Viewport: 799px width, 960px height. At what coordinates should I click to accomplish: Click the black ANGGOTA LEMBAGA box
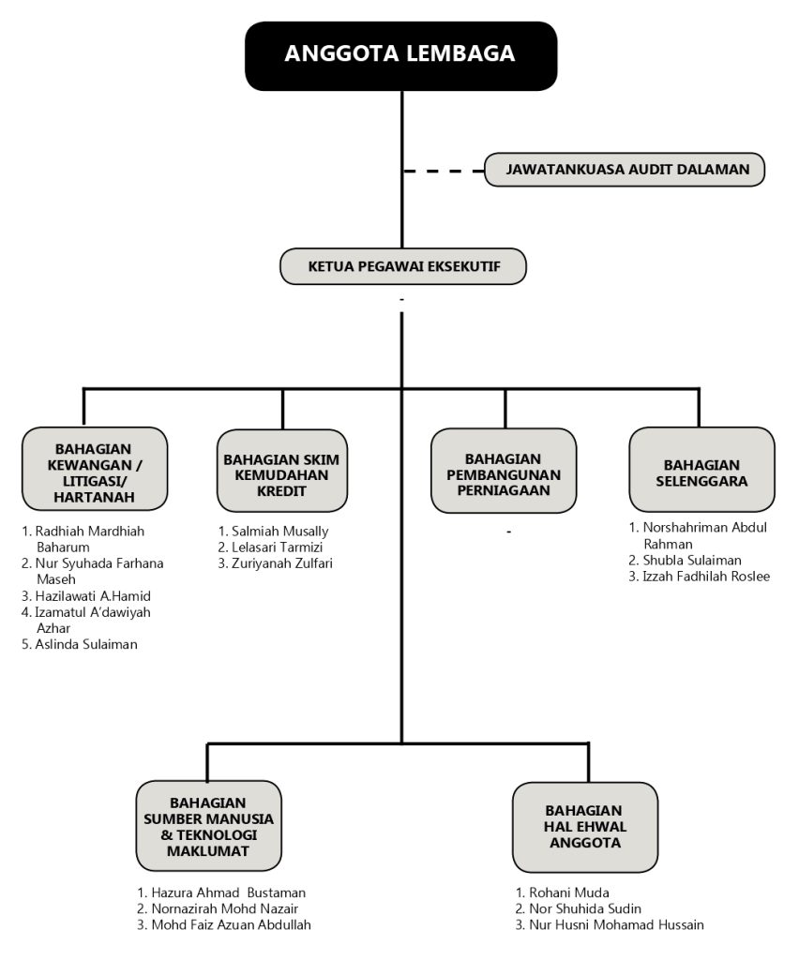tap(401, 55)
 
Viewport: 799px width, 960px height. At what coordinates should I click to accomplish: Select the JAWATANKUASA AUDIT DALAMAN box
tap(625, 170)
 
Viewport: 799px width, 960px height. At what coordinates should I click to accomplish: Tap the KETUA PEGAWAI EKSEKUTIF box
tap(403, 266)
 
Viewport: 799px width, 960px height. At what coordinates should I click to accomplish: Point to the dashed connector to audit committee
tap(444, 172)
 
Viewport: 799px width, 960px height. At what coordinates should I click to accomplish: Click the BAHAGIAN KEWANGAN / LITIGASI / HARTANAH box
tap(95, 470)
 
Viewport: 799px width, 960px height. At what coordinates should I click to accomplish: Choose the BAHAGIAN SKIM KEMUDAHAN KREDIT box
tap(281, 471)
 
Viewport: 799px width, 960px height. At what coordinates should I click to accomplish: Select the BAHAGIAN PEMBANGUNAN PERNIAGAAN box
tap(504, 471)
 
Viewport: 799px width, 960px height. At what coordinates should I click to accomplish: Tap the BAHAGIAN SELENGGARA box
tap(701, 470)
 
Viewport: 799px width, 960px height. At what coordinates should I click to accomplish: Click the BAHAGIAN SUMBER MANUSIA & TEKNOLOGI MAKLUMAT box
tap(208, 826)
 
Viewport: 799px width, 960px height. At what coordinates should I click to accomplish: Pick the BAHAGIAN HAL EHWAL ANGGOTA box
tap(584, 827)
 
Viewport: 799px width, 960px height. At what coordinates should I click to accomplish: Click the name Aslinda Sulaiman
tap(86, 644)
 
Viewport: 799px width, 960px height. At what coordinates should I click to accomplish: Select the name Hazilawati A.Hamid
tap(93, 595)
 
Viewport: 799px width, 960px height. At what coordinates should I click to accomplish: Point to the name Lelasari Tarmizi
tap(277, 547)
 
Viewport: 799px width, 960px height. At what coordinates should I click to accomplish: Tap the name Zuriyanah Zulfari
tap(281, 563)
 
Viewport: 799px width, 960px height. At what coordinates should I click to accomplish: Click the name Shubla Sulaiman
tap(692, 561)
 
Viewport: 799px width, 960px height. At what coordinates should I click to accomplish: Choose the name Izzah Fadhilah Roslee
tap(706, 577)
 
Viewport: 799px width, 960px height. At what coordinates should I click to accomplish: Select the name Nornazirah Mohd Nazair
tap(225, 908)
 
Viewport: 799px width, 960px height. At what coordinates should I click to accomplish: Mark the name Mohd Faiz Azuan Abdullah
tap(231, 924)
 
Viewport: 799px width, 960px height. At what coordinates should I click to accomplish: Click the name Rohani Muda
tap(569, 892)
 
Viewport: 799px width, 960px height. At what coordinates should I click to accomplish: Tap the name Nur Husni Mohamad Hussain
tap(616, 924)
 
